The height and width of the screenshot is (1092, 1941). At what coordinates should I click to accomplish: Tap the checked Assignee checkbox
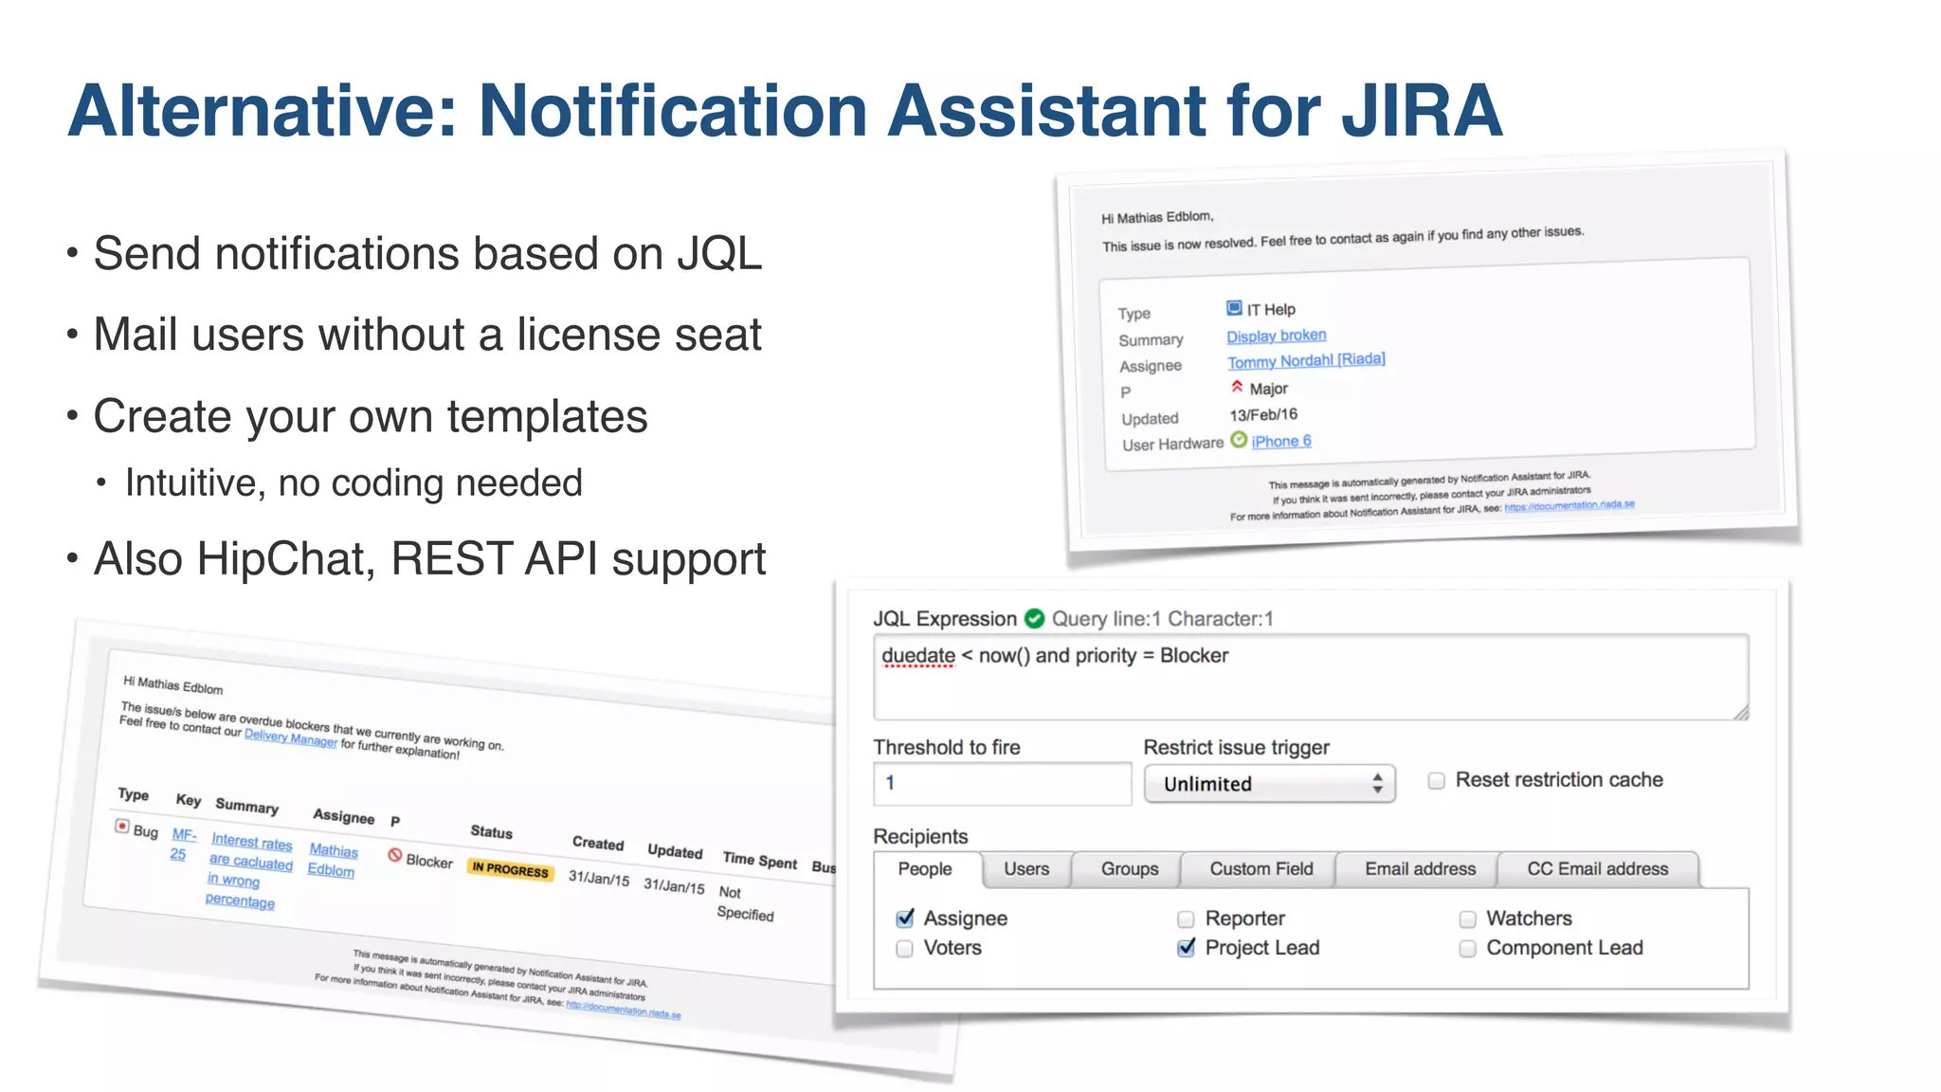pos(905,918)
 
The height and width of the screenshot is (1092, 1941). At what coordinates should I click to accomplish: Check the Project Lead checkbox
pos(1186,947)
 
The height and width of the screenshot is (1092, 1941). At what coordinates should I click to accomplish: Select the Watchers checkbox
pos(1467,919)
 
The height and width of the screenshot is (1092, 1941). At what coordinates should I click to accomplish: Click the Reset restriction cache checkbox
pos(1436,780)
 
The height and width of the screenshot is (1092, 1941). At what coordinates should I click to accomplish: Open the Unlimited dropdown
pos(1268,784)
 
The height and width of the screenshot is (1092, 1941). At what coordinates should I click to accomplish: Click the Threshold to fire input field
pos(1002,783)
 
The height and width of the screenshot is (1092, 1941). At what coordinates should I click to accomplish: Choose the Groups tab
pos(1129,868)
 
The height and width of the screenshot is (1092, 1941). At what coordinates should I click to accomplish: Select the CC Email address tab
pos(1597,868)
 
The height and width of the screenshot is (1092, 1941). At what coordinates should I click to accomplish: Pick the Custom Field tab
pos(1261,868)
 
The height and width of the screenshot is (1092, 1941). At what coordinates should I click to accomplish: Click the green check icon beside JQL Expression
pos(1034,619)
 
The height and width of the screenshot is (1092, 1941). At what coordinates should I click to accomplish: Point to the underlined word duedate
pos(917,656)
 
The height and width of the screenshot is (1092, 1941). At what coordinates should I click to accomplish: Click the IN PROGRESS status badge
pos(510,869)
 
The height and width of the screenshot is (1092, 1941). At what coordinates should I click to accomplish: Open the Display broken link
pos(1276,336)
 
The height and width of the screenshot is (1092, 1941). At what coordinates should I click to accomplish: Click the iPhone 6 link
pos(1280,441)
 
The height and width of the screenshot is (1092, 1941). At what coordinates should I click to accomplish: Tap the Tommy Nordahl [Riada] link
pos(1305,360)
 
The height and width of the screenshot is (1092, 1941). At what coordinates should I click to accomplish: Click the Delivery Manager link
pos(290,737)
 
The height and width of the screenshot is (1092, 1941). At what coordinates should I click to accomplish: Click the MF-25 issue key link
pos(182,844)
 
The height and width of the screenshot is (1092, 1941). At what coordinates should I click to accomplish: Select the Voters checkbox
pos(904,948)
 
